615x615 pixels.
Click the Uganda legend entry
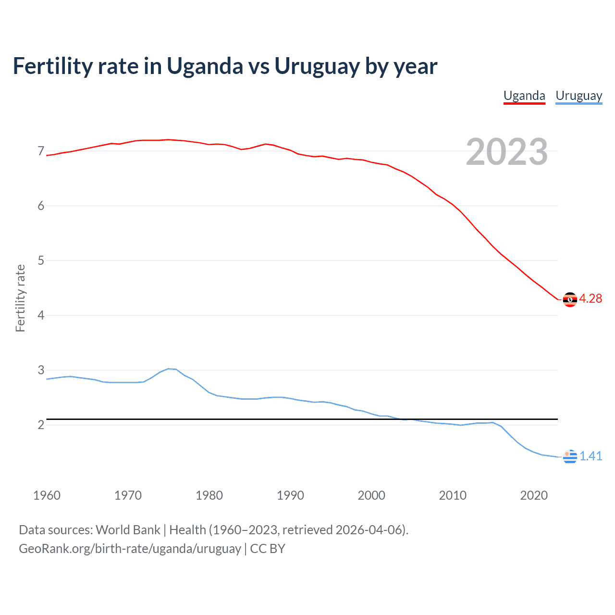tap(524, 96)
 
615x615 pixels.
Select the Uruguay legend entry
tap(578, 96)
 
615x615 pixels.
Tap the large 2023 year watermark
tap(506, 152)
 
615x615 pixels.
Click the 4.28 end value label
tap(590, 298)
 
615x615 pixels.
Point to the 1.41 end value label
tap(590, 456)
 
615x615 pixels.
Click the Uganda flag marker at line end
tap(570, 299)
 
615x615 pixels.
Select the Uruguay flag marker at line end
tap(570, 456)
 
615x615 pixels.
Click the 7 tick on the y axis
tap(41, 151)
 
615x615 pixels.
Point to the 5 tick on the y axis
tap(41, 260)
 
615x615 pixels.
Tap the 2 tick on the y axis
tap(41, 425)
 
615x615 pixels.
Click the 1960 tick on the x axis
tap(47, 495)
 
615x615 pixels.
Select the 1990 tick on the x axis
tap(290, 495)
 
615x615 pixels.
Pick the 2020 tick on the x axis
tap(534, 495)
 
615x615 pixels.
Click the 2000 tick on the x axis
tap(371, 495)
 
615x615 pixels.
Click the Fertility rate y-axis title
tap(20, 298)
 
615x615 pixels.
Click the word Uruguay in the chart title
tap(317, 66)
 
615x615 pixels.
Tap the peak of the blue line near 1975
tap(169, 369)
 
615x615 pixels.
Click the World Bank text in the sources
tap(128, 530)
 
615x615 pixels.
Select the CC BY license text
tap(268, 549)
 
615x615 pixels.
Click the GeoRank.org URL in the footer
tap(130, 549)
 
